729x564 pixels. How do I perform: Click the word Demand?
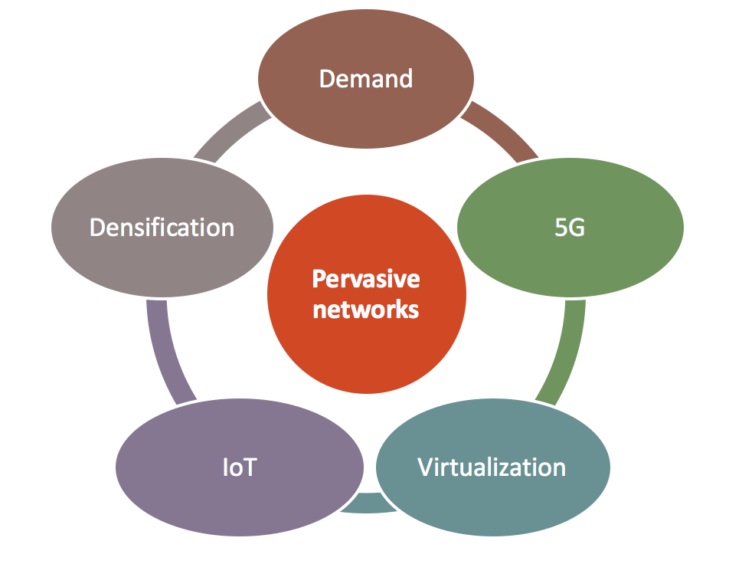click(365, 78)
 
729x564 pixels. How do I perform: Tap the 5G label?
click(569, 228)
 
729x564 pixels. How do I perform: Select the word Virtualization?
click(492, 467)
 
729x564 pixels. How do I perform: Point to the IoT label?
click(239, 467)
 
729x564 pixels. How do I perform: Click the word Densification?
click(162, 227)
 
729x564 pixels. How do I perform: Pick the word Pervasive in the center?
click(365, 278)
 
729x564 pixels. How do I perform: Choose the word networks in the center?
click(365, 310)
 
